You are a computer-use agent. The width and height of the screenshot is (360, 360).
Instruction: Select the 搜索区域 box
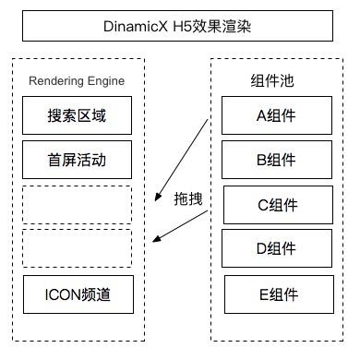pyautogui.click(x=77, y=115)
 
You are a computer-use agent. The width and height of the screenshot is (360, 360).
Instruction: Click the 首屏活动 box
pyautogui.click(x=77, y=159)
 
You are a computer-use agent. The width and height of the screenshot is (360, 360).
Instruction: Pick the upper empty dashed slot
pyautogui.click(x=77, y=204)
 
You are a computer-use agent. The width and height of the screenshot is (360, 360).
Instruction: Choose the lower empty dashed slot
pyautogui.click(x=77, y=247)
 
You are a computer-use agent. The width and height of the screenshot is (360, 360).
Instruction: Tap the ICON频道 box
pyautogui.click(x=77, y=294)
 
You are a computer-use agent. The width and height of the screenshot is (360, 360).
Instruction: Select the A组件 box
pyautogui.click(x=276, y=115)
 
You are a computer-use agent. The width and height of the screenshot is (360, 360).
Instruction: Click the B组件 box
pyautogui.click(x=276, y=159)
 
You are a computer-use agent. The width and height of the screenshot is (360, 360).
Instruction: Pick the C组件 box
pyautogui.click(x=277, y=205)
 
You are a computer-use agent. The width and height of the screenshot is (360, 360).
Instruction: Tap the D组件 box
pyautogui.click(x=277, y=248)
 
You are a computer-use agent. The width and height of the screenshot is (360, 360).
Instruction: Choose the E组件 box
pyautogui.click(x=277, y=294)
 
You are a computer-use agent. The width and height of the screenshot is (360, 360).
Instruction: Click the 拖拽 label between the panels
pyautogui.click(x=187, y=198)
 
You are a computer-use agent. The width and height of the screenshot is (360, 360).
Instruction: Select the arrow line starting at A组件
pyautogui.click(x=189, y=153)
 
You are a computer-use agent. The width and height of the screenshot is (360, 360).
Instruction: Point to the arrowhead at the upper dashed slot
pyautogui.click(x=157, y=187)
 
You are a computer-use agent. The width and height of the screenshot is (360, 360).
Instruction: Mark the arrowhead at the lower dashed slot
pyautogui.click(x=156, y=241)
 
